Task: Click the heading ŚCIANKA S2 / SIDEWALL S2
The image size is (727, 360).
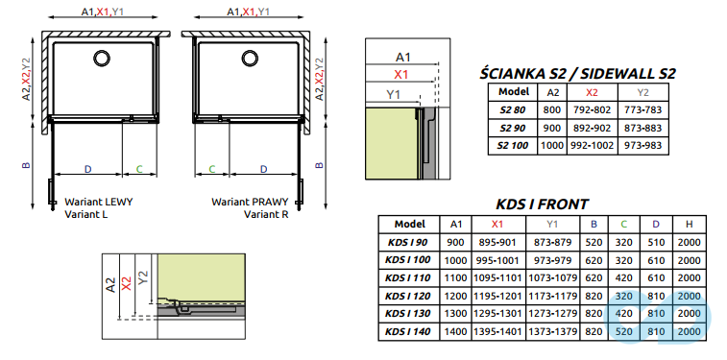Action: (x=577, y=73)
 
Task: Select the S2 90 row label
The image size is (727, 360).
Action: (x=515, y=128)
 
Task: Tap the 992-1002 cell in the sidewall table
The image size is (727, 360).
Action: (x=592, y=145)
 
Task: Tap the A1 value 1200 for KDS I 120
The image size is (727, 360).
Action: (x=455, y=296)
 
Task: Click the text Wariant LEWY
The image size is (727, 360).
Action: (x=99, y=203)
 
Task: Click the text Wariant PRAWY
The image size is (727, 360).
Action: (x=248, y=203)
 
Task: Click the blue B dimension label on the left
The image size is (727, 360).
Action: (x=28, y=165)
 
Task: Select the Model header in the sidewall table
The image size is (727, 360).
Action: (x=515, y=92)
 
